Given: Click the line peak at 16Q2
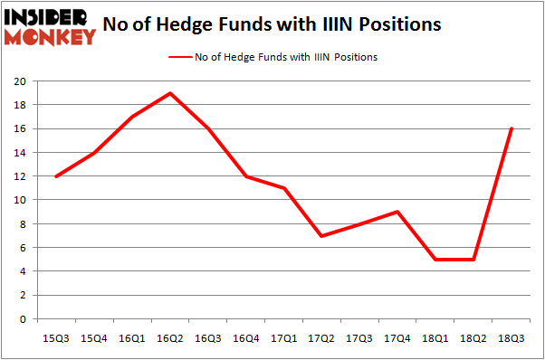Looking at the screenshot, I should (169, 93).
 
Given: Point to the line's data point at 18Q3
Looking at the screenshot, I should (512, 128).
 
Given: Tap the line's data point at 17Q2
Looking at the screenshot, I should (321, 236).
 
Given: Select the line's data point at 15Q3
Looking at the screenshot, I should (55, 176).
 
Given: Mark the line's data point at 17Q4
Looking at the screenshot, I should (397, 212).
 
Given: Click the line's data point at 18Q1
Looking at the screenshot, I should (436, 260).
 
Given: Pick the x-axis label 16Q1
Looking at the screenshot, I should (131, 337).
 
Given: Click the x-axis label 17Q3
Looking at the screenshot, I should (359, 337).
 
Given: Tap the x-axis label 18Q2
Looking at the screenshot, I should (474, 337).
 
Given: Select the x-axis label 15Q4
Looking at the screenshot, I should (93, 337).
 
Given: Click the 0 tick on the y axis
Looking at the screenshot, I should (22, 319).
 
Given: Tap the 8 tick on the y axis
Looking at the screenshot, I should (22, 223).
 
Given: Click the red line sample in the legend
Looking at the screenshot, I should (179, 57).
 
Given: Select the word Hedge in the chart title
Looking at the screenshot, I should (215, 24).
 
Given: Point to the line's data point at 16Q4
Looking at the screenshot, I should (245, 176).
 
